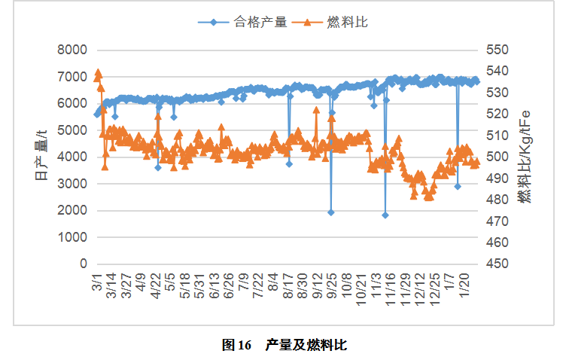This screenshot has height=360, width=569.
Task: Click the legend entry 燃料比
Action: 347,22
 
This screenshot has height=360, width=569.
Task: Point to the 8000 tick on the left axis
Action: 72,50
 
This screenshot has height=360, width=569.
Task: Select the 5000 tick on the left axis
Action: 72,130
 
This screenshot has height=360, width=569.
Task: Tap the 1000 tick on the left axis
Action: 72,237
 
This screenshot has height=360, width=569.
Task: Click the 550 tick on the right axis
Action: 499,50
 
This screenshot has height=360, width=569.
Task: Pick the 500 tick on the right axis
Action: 499,157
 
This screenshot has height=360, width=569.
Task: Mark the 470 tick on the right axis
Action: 499,221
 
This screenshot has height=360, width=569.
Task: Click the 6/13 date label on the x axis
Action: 215,288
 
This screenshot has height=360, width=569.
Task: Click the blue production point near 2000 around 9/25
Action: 330,212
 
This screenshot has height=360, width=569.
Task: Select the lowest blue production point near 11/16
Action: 385,215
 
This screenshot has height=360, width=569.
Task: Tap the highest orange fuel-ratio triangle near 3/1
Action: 98,73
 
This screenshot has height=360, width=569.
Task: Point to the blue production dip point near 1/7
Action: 458,186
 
